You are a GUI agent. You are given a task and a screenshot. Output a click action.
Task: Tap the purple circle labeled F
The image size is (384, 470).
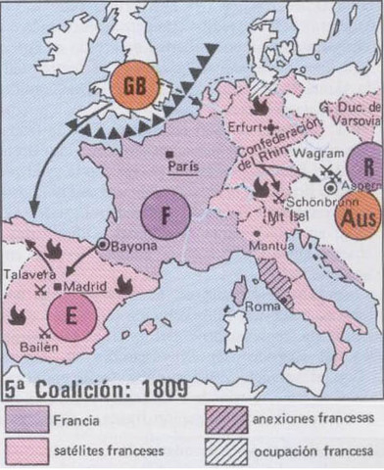164,217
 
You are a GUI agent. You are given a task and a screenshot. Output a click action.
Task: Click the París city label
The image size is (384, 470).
183,167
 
